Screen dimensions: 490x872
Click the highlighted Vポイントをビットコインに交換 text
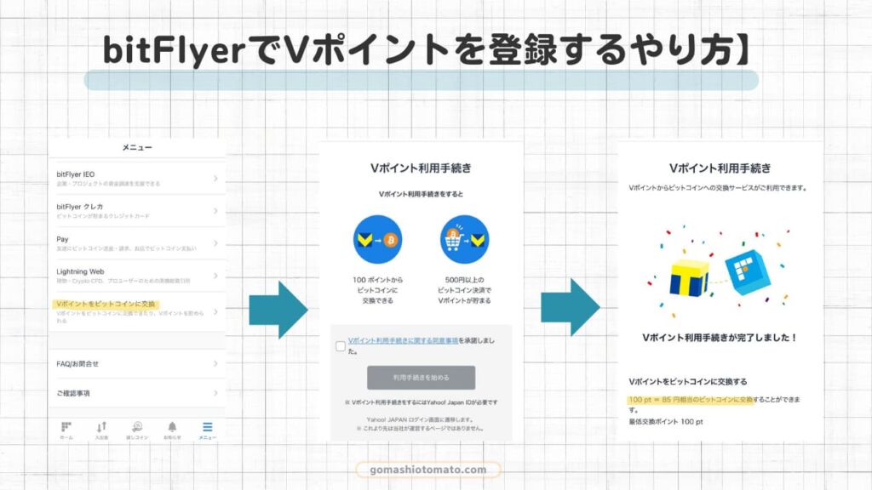(x=106, y=304)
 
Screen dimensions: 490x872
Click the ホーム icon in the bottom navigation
(x=66, y=427)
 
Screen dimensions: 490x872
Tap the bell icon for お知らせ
(x=172, y=427)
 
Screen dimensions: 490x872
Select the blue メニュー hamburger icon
(x=208, y=427)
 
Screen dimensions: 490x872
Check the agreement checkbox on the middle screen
(x=341, y=346)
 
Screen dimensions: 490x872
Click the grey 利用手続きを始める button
(x=421, y=377)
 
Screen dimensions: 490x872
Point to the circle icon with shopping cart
(x=465, y=239)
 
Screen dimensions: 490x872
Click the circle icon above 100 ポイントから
(x=377, y=239)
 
